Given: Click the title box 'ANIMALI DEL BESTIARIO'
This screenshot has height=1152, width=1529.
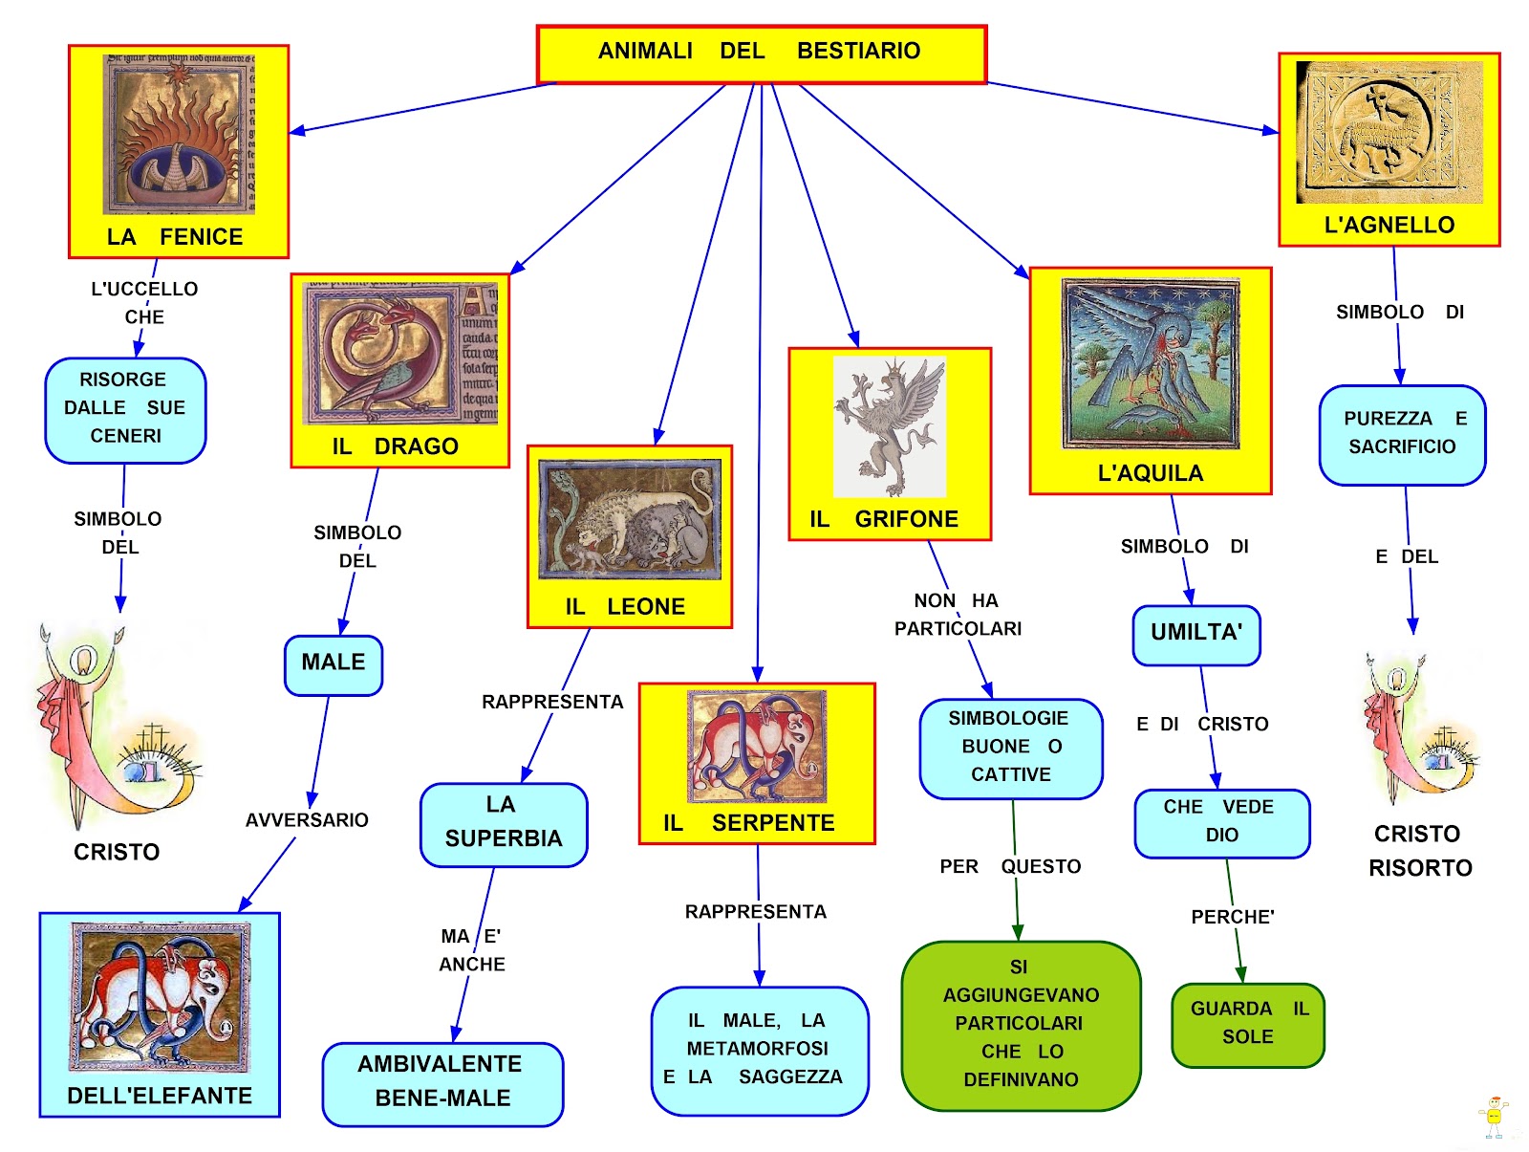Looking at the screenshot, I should [x=761, y=54].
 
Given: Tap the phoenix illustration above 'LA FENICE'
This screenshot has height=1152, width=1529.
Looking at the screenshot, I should [x=179, y=134].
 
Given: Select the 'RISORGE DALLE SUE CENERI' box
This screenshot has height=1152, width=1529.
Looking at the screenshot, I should [x=125, y=410].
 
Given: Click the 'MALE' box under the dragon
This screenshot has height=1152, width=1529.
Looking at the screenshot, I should [x=334, y=664].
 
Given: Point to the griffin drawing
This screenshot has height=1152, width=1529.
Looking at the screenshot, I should [x=890, y=425].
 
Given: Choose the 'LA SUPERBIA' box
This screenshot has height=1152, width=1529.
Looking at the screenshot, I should [x=504, y=824].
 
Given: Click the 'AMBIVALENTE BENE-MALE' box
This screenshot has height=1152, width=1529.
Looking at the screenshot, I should [x=442, y=1083].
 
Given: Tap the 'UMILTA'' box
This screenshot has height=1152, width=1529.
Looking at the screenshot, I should [x=1195, y=634].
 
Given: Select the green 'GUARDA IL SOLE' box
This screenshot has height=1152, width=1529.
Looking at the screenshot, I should [x=1247, y=1024].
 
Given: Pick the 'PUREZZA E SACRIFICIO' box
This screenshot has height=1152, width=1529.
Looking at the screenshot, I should [x=1402, y=434].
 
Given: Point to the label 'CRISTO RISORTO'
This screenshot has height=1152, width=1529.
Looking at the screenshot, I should [x=1419, y=851].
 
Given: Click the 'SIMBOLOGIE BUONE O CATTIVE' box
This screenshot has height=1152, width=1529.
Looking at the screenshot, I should [x=1010, y=748].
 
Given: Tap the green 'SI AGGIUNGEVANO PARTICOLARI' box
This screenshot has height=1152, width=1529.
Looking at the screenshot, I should [x=1021, y=1025].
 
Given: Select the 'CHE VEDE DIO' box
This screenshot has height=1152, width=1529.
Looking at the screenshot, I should [x=1221, y=822].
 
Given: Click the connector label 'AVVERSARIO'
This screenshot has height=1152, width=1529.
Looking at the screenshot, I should [x=307, y=820].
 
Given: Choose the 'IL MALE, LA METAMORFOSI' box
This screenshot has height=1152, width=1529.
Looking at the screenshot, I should [x=760, y=1050].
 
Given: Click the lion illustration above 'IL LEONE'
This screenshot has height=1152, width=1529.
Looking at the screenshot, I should [x=630, y=520].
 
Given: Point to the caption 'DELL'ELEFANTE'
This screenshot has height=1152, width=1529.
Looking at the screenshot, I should [x=160, y=1096].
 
